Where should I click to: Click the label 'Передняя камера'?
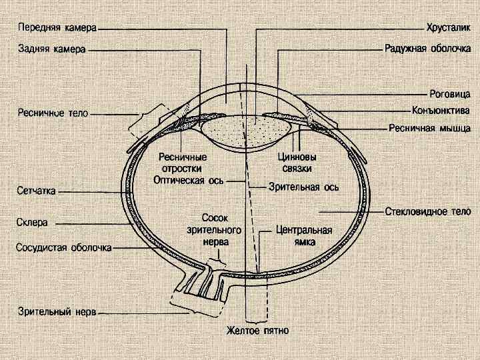(x=57, y=29)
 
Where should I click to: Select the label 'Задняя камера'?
(x=51, y=49)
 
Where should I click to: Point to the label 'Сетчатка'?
(x=36, y=191)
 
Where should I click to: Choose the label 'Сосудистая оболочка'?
(x=63, y=248)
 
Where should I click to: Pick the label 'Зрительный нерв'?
(x=57, y=311)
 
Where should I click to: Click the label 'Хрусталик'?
(x=448, y=29)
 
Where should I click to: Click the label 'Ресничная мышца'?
(x=430, y=127)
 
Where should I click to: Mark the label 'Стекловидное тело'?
(x=428, y=212)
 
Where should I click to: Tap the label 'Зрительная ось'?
(x=304, y=187)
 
